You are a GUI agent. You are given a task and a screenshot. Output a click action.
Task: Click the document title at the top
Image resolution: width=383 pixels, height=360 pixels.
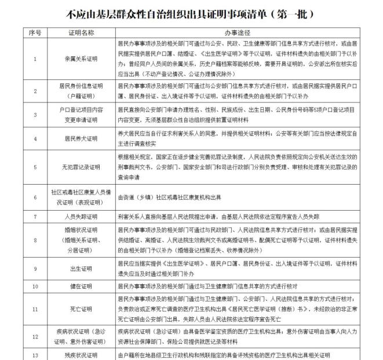pyautogui.click(x=191, y=12)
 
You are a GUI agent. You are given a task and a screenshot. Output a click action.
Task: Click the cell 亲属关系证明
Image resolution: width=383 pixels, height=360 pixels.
pyautogui.click(x=81, y=58)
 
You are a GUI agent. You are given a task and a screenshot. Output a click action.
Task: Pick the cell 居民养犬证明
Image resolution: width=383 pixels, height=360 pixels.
pyautogui.click(x=81, y=139)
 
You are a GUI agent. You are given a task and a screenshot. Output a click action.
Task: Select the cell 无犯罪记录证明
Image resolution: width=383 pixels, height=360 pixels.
pyautogui.click(x=81, y=167)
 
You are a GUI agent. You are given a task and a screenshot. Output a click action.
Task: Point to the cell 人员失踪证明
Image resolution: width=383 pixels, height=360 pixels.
pyautogui.click(x=81, y=216)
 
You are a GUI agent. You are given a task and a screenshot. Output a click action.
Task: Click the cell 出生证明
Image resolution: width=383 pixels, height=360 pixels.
pyautogui.click(x=81, y=269)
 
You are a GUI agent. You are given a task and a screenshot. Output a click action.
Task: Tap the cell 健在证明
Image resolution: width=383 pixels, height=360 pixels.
pyautogui.click(x=81, y=286)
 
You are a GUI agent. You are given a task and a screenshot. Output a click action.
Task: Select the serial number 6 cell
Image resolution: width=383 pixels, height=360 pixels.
pyautogui.click(x=35, y=196)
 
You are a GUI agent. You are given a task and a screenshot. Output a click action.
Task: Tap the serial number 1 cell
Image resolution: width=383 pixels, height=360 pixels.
pyautogui.click(x=35, y=58)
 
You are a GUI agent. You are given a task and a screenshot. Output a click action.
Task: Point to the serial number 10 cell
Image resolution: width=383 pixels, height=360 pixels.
pyautogui.click(x=35, y=286)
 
